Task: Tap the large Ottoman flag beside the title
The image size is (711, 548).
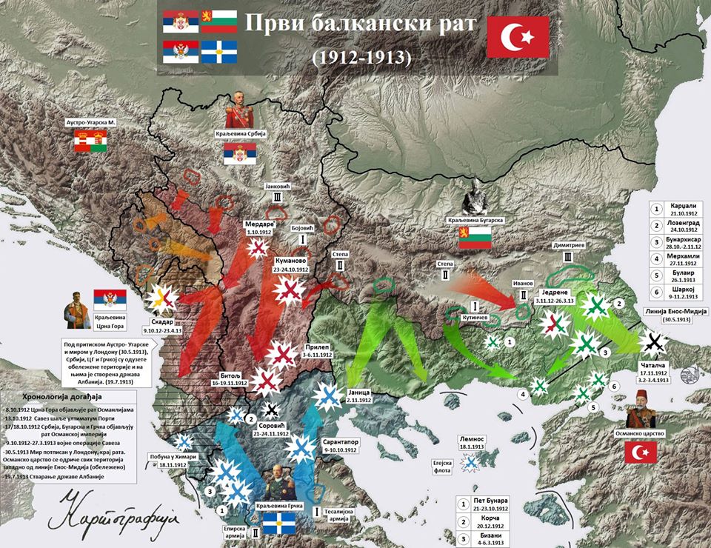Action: click(518, 36)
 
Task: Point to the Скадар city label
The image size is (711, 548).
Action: click(162, 322)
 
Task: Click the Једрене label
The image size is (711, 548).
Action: click(561, 293)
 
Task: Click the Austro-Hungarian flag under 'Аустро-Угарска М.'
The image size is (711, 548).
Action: click(92, 141)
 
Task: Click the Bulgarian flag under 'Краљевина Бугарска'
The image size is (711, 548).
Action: click(474, 238)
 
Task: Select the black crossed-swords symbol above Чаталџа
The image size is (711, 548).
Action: click(655, 341)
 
